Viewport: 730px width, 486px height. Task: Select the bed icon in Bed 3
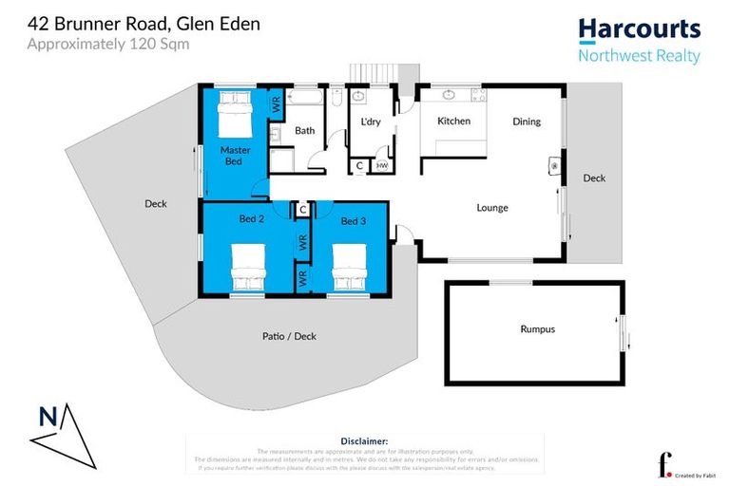pyautogui.click(x=349, y=268)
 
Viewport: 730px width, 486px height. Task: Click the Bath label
pyautogui.click(x=304, y=131)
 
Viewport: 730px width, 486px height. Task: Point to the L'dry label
pyautogui.click(x=371, y=121)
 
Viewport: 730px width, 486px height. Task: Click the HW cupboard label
pyautogui.click(x=381, y=166)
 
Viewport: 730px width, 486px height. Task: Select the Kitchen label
pyautogui.click(x=453, y=121)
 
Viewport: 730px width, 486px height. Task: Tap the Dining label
pyautogui.click(x=527, y=121)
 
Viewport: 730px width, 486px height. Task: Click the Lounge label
pyautogui.click(x=492, y=208)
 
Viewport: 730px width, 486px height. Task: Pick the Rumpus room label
pyautogui.click(x=536, y=329)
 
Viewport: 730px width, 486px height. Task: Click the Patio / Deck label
pyautogui.click(x=289, y=336)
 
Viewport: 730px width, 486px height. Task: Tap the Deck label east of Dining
pyautogui.click(x=594, y=178)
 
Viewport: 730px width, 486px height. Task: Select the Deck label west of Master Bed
pyautogui.click(x=156, y=203)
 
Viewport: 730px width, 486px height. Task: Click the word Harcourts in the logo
pyautogui.click(x=639, y=29)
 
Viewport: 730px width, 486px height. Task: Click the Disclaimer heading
pyautogui.click(x=364, y=441)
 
